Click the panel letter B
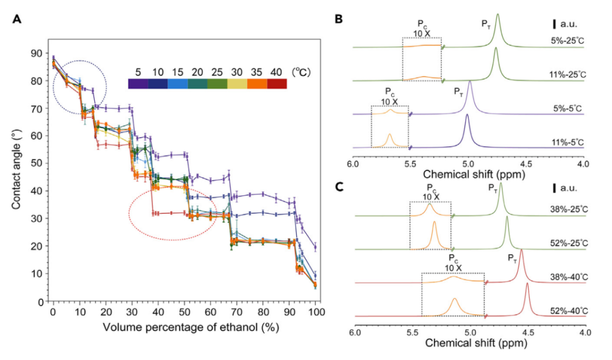[x=339, y=19]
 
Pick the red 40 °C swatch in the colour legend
[x=277, y=84]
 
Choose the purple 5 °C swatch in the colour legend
[x=138, y=84]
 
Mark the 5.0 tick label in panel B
[x=468, y=164]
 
